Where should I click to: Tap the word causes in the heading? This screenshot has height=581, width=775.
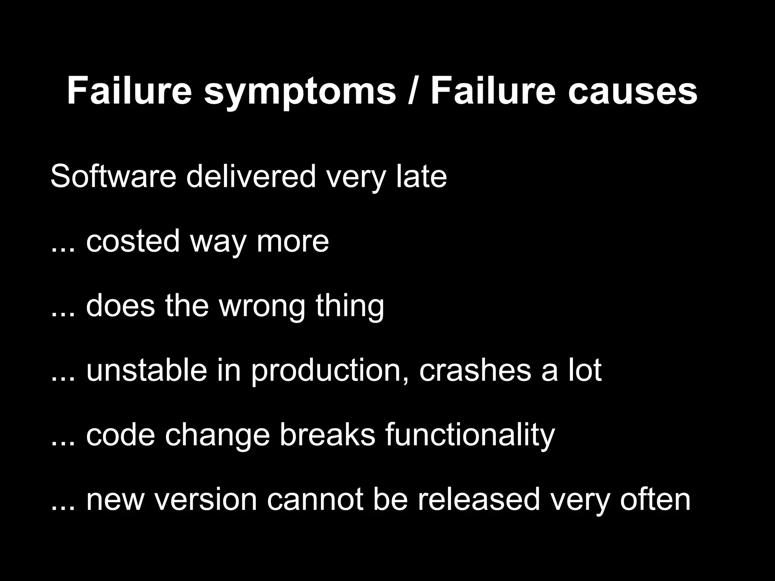pyautogui.click(x=632, y=92)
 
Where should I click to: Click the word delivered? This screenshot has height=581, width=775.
pyautogui.click(x=251, y=176)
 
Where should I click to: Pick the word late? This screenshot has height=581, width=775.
pyautogui.click(x=422, y=176)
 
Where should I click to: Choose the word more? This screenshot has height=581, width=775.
pyautogui.click(x=293, y=242)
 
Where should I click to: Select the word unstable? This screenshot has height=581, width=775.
pyautogui.click(x=147, y=370)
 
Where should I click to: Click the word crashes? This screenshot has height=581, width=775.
pyautogui.click(x=475, y=370)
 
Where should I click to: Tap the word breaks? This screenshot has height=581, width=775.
pyautogui.click(x=327, y=435)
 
